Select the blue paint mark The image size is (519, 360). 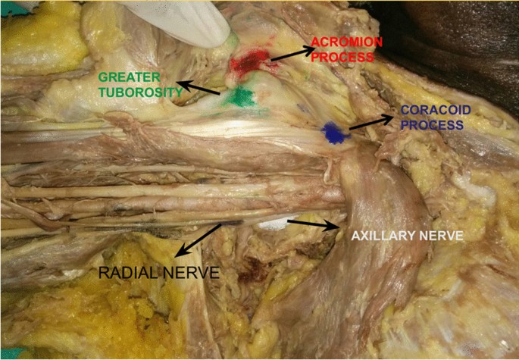click(333, 133)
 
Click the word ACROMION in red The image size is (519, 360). click(345, 42)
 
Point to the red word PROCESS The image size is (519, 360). click(345, 57)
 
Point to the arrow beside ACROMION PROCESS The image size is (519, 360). click(292, 54)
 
